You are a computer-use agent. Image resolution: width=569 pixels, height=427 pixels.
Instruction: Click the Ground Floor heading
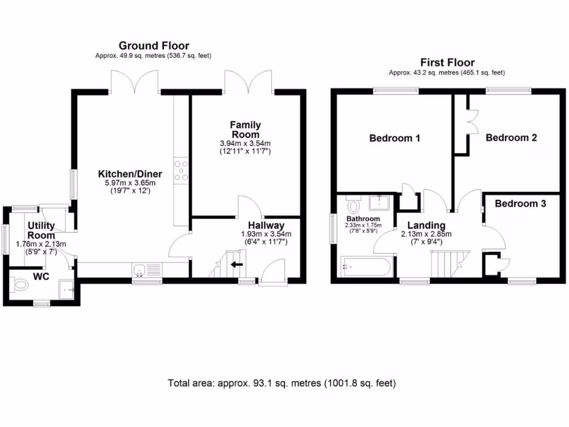click(x=154, y=46)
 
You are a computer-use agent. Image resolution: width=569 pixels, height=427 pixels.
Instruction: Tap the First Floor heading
click(x=447, y=62)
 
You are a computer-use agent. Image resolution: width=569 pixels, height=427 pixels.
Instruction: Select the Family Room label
click(x=245, y=130)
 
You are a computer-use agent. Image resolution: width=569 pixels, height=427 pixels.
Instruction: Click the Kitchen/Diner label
click(x=130, y=174)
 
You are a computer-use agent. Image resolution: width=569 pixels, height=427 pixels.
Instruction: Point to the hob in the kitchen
click(x=181, y=171)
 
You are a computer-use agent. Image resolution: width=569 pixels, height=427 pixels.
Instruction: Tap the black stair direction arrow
click(x=237, y=264)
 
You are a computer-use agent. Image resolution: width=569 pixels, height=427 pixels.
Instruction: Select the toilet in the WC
click(x=19, y=285)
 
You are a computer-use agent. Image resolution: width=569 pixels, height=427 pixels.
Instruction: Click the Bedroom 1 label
click(x=395, y=138)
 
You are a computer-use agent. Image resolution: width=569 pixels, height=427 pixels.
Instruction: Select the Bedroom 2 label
click(x=511, y=138)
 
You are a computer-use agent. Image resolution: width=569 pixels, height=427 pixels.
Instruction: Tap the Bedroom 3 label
click(x=520, y=203)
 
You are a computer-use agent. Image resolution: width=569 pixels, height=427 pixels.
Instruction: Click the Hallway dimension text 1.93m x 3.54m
click(x=266, y=234)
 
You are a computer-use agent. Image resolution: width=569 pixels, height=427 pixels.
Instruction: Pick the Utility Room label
click(x=41, y=230)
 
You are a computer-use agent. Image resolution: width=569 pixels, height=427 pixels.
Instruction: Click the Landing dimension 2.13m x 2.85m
click(x=426, y=234)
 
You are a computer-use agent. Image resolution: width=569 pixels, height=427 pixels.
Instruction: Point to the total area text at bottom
click(x=282, y=383)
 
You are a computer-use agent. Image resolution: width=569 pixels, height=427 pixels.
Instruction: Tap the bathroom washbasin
click(x=379, y=203)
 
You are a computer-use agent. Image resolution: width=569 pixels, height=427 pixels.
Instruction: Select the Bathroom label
click(x=363, y=219)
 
